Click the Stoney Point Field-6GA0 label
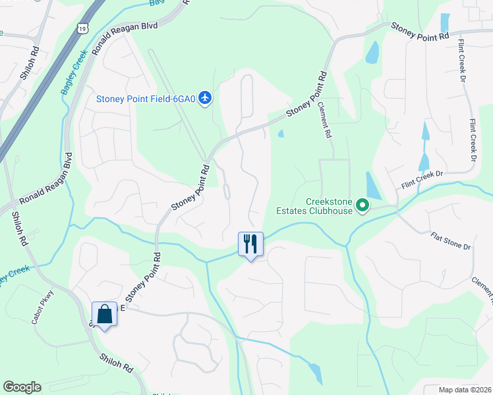click(x=146, y=99)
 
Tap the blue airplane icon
click(x=206, y=99)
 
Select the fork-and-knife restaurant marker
click(x=250, y=244)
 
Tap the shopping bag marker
click(x=105, y=314)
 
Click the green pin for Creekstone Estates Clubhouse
click(x=362, y=207)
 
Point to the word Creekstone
click(x=329, y=202)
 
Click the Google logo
click(x=22, y=387)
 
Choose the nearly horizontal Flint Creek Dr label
click(x=422, y=180)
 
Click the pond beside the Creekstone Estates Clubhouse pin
click(x=372, y=186)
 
